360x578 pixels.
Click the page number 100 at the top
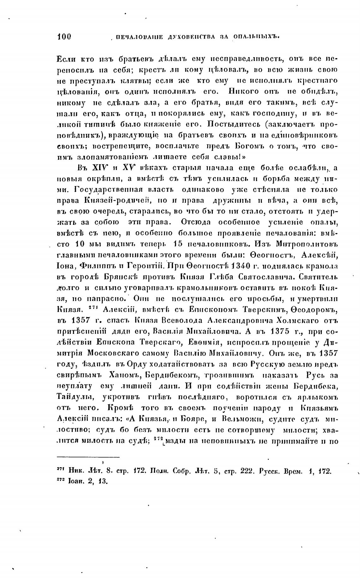64,37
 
